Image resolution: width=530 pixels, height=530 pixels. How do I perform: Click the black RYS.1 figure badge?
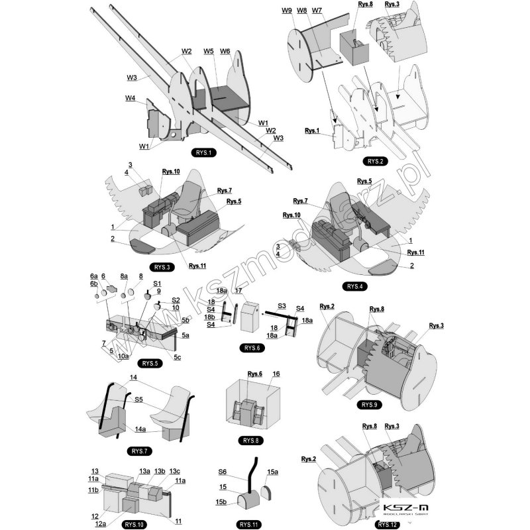(x=203, y=153)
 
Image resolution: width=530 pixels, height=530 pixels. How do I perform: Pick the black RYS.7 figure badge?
(x=138, y=451)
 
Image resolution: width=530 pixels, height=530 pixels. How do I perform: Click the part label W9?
(x=287, y=11)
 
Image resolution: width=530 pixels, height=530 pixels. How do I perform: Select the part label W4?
(x=131, y=99)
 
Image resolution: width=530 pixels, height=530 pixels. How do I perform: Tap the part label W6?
(x=225, y=51)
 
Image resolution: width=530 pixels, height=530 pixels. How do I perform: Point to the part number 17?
(x=238, y=290)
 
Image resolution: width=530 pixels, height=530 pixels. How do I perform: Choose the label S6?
(x=223, y=472)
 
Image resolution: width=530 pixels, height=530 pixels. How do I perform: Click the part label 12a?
(x=101, y=524)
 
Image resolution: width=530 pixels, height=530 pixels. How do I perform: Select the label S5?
(x=138, y=399)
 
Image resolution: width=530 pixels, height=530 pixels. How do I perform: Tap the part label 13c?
(x=174, y=471)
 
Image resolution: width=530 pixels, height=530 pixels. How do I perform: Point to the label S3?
(x=282, y=305)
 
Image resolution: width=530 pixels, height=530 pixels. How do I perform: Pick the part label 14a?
(x=140, y=429)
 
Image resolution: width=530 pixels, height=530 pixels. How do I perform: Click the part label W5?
(x=209, y=51)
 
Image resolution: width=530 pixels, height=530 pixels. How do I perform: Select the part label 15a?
(x=273, y=472)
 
